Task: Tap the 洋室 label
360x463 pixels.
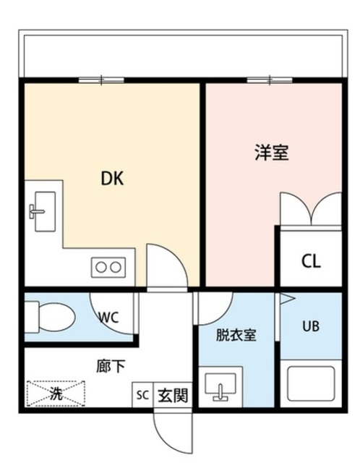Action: click(x=271, y=154)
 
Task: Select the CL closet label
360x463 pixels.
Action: click(x=312, y=260)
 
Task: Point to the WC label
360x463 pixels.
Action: click(x=108, y=317)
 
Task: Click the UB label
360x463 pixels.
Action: click(x=312, y=326)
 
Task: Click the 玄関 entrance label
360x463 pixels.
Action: click(x=173, y=396)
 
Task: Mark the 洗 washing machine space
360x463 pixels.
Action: click(x=56, y=394)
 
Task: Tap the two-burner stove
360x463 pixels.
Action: click(x=108, y=267)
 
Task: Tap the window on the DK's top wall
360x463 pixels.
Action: click(x=100, y=80)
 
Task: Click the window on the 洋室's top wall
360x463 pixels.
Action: click(x=268, y=80)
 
